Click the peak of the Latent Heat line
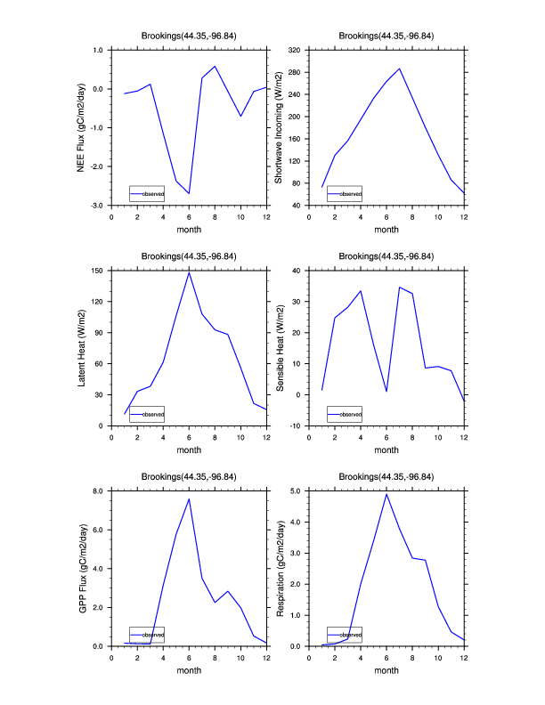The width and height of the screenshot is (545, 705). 189,272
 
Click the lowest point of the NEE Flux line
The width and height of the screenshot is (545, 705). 189,193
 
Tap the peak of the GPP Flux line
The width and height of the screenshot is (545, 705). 189,498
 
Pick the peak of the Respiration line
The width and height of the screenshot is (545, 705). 386,493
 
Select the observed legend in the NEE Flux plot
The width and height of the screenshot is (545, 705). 146,193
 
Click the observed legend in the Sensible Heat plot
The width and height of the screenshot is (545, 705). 345,414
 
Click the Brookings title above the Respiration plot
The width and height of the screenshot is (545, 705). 386,478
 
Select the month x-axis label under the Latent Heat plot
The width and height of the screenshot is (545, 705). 189,450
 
